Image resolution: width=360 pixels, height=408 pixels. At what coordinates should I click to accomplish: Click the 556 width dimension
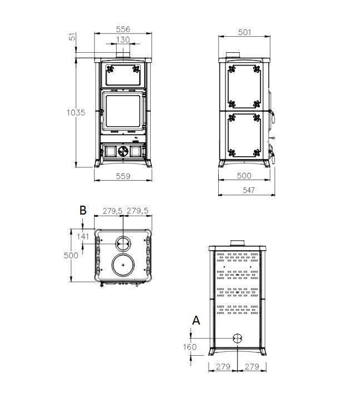[123, 29]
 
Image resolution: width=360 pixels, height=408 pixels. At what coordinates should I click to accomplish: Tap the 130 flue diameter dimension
[123, 39]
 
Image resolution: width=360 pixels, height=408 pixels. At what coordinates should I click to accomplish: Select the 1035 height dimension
[76, 112]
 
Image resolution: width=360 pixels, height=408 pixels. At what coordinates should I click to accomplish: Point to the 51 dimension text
[72, 37]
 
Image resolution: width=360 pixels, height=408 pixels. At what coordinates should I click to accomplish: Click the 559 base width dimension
[123, 176]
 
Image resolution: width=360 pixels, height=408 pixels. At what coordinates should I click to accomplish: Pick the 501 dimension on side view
[244, 32]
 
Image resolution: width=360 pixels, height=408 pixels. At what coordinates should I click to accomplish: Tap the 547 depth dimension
[249, 190]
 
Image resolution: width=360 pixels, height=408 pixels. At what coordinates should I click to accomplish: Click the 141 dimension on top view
[83, 237]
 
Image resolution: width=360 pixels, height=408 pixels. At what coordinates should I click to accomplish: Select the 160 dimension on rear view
[190, 347]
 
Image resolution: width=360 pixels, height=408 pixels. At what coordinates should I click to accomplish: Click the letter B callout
[83, 210]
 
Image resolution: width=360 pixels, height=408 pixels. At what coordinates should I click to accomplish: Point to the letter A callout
[196, 320]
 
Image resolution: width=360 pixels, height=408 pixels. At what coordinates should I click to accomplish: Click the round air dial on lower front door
[123, 151]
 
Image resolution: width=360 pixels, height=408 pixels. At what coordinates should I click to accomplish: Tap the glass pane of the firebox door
[123, 111]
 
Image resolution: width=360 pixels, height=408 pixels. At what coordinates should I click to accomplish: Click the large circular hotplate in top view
[123, 265]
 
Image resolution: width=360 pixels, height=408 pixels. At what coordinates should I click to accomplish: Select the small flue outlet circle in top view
[123, 243]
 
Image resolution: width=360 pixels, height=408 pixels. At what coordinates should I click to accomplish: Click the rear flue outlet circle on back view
[237, 339]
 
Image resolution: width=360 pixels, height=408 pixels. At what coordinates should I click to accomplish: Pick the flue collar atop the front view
[123, 55]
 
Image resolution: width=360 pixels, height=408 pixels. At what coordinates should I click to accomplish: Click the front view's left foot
[98, 163]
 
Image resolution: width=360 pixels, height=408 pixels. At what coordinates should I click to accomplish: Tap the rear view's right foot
[262, 351]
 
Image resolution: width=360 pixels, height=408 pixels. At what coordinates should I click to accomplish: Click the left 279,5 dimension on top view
[112, 211]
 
